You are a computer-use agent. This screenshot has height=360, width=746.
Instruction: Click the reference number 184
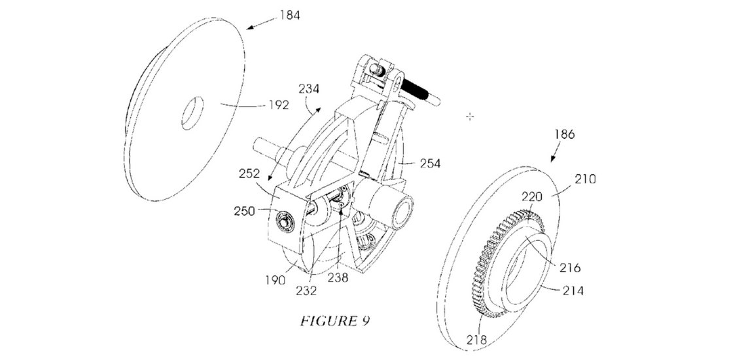pyautogui.click(x=290, y=15)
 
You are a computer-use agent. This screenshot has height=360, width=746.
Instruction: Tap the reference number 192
pyautogui.click(x=278, y=105)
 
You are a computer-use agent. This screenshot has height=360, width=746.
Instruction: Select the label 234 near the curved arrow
pyautogui.click(x=310, y=88)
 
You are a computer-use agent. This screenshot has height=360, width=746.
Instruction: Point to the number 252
pyautogui.click(x=250, y=174)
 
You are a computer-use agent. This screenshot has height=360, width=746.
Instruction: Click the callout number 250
pyautogui.click(x=245, y=211)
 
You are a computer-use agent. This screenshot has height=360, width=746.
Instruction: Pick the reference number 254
pyautogui.click(x=430, y=164)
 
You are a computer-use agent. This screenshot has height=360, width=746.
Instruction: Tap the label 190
pyautogui.click(x=275, y=279)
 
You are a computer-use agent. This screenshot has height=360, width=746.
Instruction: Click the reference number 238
pyautogui.click(x=338, y=278)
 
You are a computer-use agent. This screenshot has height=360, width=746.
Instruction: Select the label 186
pyautogui.click(x=564, y=135)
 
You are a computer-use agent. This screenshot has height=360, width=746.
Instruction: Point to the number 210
pyautogui.click(x=585, y=179)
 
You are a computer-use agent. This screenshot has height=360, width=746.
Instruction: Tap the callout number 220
pyautogui.click(x=533, y=196)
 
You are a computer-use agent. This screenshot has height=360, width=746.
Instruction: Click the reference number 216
pyautogui.click(x=571, y=267)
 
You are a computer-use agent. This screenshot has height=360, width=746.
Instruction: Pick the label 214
pyautogui.click(x=573, y=290)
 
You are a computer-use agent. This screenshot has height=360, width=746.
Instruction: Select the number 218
pyautogui.click(x=476, y=340)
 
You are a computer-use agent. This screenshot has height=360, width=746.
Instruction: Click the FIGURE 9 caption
pyautogui.click(x=335, y=321)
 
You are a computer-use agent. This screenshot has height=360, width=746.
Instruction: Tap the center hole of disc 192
pyautogui.click(x=192, y=113)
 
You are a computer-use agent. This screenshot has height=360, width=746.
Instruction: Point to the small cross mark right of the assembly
pyautogui.click(x=470, y=117)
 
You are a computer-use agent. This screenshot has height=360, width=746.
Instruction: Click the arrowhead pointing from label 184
pyautogui.click(x=249, y=27)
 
